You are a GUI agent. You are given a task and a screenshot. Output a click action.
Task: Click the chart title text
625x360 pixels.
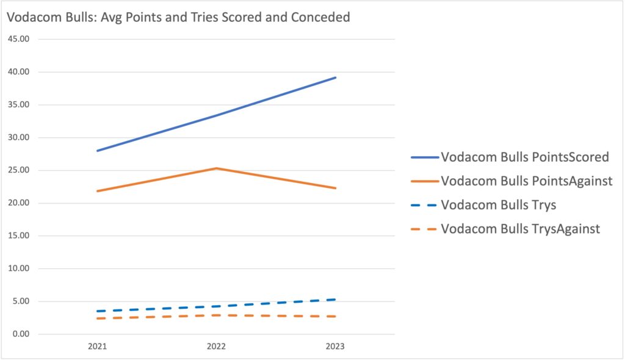[x=178, y=17]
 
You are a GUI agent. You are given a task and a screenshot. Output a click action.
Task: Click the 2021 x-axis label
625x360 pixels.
[x=97, y=347]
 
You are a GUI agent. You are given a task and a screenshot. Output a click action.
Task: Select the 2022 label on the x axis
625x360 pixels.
[x=216, y=347]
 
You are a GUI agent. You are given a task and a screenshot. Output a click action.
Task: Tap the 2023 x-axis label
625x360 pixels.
[x=335, y=347]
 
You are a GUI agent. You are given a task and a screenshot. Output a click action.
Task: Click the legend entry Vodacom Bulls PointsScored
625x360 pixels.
[x=525, y=157]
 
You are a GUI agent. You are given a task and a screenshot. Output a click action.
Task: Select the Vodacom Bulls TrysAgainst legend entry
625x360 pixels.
[x=520, y=229]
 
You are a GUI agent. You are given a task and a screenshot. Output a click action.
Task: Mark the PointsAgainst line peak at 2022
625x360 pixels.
[x=216, y=168]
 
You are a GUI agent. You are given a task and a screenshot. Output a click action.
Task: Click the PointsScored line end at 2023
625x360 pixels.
[x=335, y=77]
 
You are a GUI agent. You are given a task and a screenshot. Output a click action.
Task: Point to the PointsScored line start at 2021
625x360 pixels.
[x=98, y=150]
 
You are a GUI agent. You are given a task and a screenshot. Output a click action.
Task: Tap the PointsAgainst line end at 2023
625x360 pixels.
[x=335, y=188]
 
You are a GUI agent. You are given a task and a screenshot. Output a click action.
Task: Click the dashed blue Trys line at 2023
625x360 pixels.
[x=334, y=300]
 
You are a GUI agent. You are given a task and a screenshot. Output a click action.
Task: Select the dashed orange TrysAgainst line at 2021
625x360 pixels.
[x=98, y=319]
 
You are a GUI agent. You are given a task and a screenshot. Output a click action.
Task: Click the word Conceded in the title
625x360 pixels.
[x=323, y=17]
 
